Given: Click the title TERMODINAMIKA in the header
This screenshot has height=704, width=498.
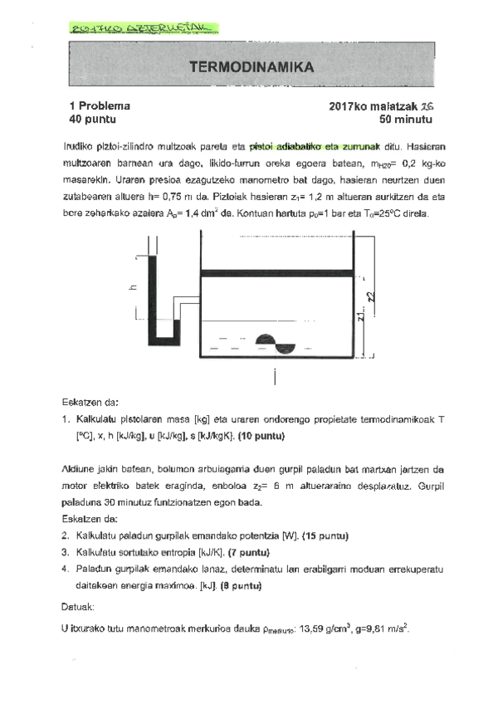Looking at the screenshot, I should (x=251, y=66).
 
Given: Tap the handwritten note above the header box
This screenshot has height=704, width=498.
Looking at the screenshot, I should (x=141, y=29).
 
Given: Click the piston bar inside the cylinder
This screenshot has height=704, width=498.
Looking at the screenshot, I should (x=277, y=272).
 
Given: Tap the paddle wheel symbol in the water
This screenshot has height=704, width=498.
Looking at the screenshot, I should (x=273, y=343).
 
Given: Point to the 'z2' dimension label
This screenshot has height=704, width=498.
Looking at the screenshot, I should (x=371, y=295).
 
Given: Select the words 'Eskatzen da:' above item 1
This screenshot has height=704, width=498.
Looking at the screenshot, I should (x=90, y=401).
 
